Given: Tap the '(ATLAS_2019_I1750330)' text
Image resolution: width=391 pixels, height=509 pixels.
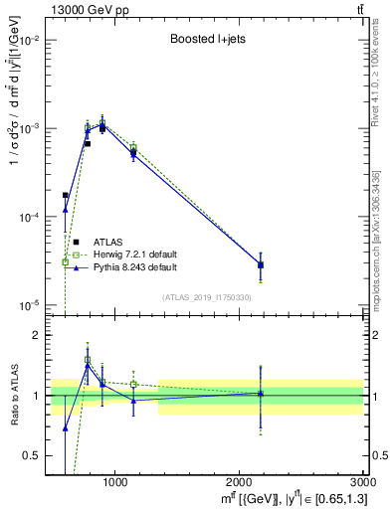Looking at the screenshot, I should tap(206, 296).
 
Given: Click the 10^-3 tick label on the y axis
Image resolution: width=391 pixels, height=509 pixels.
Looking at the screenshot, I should tap(31, 129).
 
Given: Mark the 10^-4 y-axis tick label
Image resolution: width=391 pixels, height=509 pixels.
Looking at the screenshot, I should tap(31, 217).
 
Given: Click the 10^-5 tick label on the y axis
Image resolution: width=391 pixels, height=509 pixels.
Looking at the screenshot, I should tap(31, 304).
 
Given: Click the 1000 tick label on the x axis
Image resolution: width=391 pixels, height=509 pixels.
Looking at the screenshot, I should tap(114, 482).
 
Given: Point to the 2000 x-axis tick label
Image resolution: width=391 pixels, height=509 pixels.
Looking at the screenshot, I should tap(240, 482).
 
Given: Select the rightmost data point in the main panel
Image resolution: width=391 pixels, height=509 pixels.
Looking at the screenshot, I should tap(261, 264).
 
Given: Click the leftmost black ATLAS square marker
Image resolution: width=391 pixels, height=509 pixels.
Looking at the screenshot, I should tap(66, 196).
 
